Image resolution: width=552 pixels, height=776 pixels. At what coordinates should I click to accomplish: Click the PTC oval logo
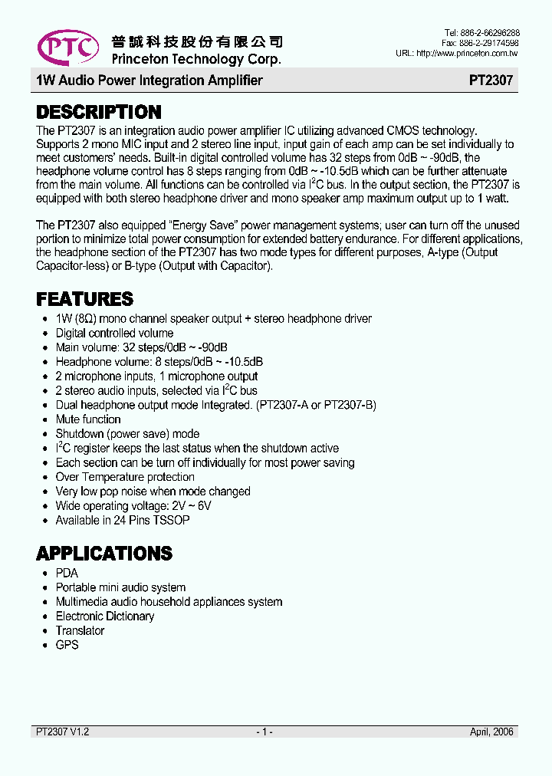67,48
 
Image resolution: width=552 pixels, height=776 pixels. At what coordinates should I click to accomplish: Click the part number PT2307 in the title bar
491,81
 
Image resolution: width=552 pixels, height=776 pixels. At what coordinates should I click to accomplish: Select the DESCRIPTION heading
99,113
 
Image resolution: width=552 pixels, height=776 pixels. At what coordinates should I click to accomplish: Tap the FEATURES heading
84,299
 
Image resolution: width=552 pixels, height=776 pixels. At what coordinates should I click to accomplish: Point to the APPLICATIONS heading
104,554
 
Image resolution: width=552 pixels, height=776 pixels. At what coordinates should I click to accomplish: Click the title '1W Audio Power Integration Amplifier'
149,81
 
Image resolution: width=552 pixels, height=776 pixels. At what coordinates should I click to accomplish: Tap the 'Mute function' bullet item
88,419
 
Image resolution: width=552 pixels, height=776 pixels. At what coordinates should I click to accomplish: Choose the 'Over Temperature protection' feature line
125,477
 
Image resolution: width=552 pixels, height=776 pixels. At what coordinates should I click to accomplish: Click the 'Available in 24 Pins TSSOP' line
123,520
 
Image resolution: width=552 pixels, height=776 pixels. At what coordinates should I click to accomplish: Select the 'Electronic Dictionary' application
105,617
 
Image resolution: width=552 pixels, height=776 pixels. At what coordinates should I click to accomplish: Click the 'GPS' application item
67,645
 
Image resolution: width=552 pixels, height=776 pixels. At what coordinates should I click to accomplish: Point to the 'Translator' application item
80,630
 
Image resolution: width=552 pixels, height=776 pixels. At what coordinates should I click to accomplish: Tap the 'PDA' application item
67,573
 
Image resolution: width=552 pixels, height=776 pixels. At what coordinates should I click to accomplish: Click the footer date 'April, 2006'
493,732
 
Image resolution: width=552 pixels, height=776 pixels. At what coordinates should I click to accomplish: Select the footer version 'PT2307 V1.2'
63,732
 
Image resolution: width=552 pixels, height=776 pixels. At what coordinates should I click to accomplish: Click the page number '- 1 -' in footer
264,732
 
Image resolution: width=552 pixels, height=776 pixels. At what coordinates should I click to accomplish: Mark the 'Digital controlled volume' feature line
114,333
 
